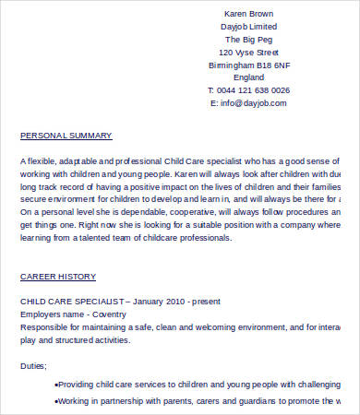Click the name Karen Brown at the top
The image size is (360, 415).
point(248,14)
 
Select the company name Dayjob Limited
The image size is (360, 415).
point(248,27)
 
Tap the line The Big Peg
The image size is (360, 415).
point(248,40)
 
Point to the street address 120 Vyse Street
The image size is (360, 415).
point(248,53)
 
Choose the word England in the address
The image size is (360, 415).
point(248,78)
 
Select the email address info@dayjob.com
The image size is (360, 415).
point(253,103)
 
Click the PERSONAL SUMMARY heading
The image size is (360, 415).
point(66,136)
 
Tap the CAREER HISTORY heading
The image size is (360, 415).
point(57,277)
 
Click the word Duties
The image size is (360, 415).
point(33,365)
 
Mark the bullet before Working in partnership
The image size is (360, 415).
point(57,402)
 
